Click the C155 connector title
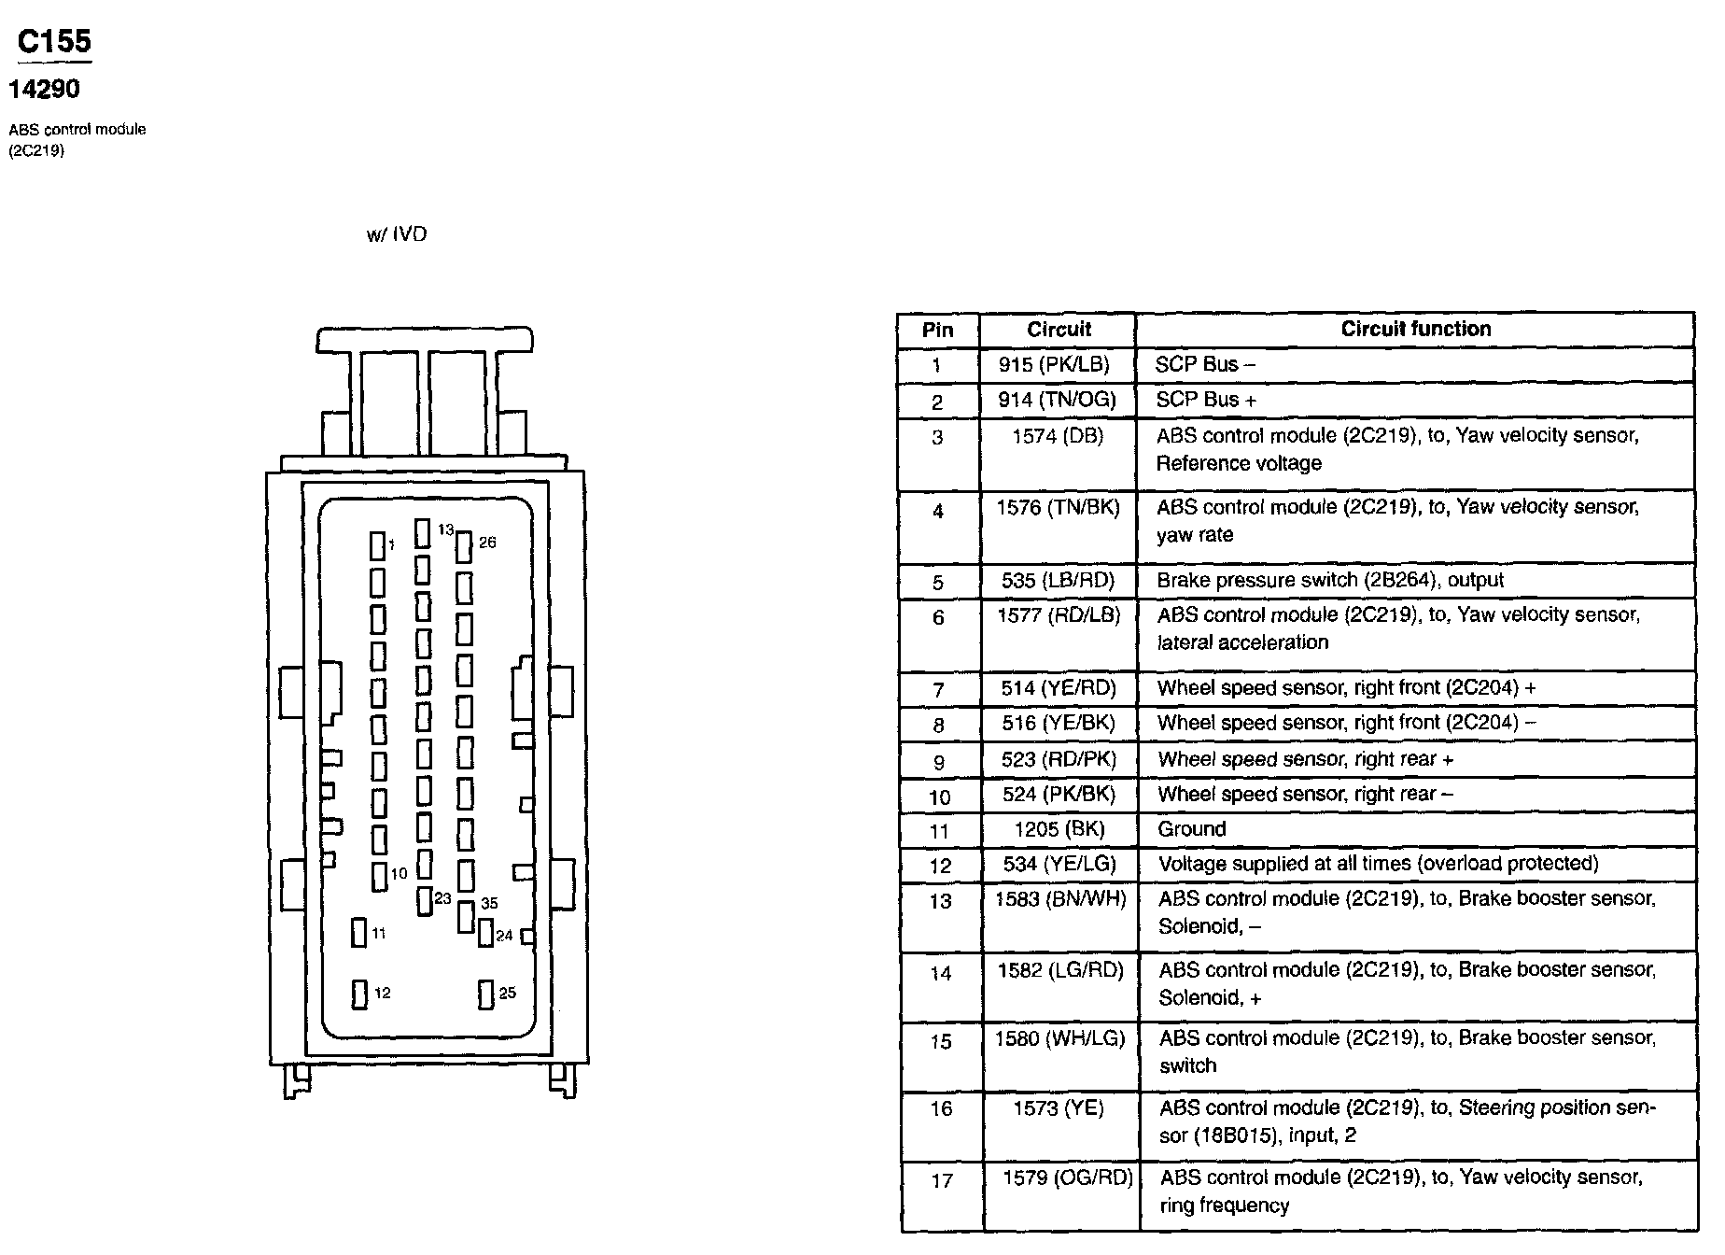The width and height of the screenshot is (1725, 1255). coord(54,42)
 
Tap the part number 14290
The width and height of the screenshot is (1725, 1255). coord(44,90)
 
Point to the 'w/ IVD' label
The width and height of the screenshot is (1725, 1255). coord(397,234)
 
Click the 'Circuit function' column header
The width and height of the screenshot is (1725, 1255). coord(1415,329)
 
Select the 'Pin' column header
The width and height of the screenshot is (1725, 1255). coord(937,330)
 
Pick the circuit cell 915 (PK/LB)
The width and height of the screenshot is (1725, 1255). coord(1058,365)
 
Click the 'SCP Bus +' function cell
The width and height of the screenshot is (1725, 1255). coord(1206,400)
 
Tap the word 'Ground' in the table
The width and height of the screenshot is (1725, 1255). coord(1191,829)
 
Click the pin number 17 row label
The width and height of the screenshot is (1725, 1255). coord(942,1181)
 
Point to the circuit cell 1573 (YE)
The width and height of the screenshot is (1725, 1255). coord(1058,1108)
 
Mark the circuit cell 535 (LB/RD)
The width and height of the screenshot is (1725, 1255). coord(1058,581)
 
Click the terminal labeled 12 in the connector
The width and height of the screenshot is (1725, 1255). coord(359,994)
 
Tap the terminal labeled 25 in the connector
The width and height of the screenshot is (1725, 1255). coord(485,994)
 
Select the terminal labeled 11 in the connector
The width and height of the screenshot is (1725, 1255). coord(359,933)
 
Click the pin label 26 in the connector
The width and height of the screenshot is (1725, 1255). coord(487,543)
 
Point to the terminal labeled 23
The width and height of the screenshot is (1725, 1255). coord(424,901)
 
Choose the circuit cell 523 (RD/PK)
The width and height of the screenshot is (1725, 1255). coord(1059,760)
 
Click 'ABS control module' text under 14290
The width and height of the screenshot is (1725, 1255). coord(77,130)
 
